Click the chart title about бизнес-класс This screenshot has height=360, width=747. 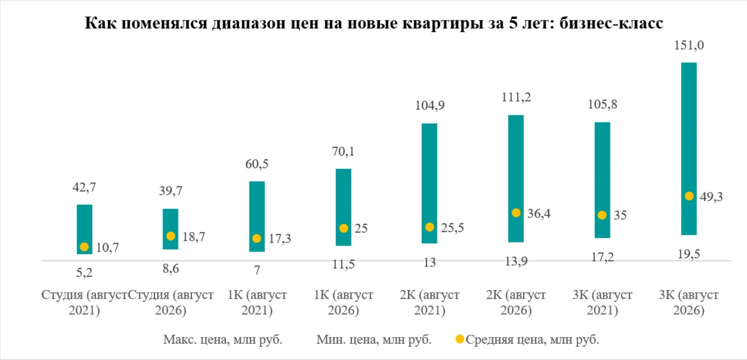(x=374, y=23)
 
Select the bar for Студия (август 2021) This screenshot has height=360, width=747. (x=85, y=229)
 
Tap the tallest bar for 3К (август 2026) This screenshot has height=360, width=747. (x=689, y=149)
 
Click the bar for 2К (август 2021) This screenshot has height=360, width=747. (x=430, y=183)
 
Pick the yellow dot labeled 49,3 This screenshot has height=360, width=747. (x=689, y=196)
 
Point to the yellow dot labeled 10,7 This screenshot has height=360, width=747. (x=84, y=247)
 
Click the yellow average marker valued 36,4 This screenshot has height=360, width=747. (x=516, y=213)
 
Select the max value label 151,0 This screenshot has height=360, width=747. (x=689, y=45)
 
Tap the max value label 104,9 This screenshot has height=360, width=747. (x=430, y=106)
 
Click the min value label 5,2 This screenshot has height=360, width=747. (x=84, y=273)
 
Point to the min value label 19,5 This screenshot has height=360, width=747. (x=689, y=254)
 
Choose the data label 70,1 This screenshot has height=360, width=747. (x=343, y=152)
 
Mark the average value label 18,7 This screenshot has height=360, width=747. (x=194, y=237)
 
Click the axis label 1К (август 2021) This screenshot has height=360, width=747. (x=257, y=303)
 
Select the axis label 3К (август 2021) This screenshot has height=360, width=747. (x=603, y=303)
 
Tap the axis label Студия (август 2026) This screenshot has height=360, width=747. (x=171, y=303)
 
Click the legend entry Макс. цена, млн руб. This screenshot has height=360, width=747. (x=223, y=340)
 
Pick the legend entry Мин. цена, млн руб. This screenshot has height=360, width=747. (x=374, y=340)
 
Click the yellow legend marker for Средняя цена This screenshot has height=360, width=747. (x=460, y=339)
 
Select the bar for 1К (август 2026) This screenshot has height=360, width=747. (x=344, y=207)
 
